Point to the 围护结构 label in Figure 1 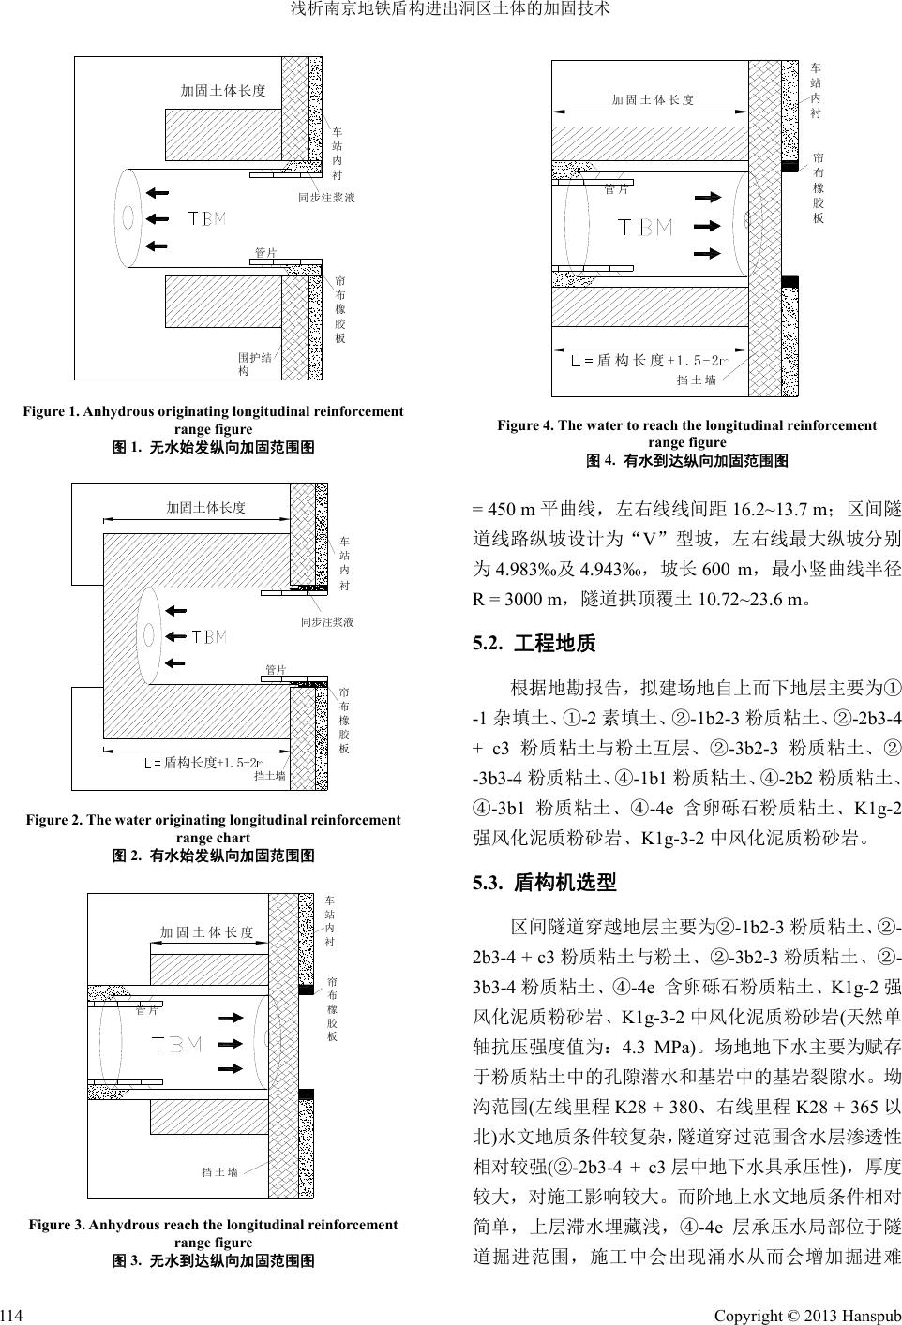(x=255, y=364)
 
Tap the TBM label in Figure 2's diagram (x=209, y=637)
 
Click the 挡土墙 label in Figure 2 (x=270, y=776)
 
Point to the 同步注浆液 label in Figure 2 (x=326, y=621)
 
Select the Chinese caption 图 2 (x=213, y=855)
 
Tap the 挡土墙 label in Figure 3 (x=219, y=1171)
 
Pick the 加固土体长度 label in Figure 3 (x=206, y=932)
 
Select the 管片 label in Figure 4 (x=616, y=189)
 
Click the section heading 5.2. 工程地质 (x=534, y=644)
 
